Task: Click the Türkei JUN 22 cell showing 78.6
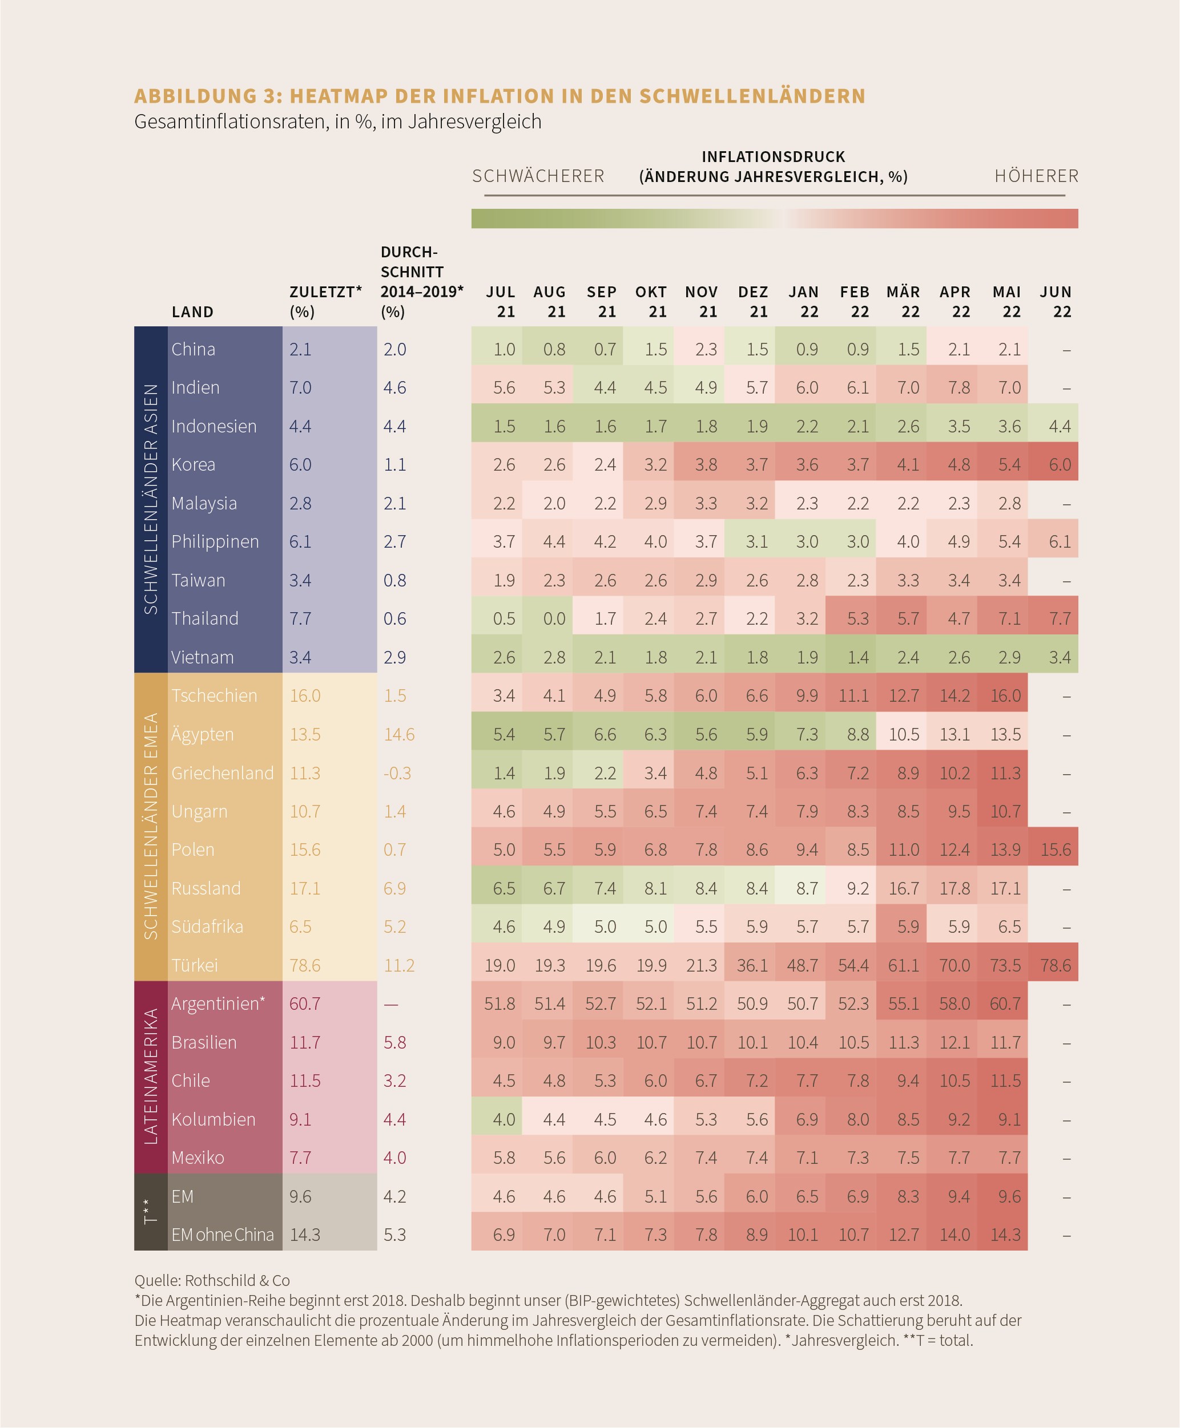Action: coord(1056,965)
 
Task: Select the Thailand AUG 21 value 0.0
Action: coord(554,619)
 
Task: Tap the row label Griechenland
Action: coord(222,773)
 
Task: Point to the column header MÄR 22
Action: coord(903,302)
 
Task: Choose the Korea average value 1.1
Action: coord(395,464)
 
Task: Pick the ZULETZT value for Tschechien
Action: coord(305,695)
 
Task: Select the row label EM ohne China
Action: coord(222,1235)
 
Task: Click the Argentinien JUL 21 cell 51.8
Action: coord(500,1004)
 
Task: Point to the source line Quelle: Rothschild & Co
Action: coord(212,1281)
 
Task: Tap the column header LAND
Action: coord(192,312)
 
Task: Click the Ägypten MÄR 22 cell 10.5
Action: coord(904,734)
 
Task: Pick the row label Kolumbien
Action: coord(214,1119)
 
